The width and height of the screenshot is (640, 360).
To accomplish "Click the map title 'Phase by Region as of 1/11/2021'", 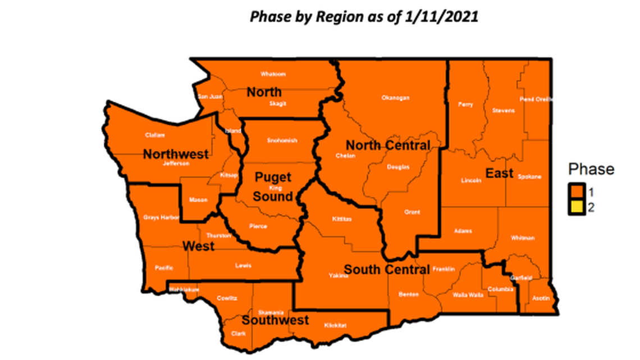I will [364, 16].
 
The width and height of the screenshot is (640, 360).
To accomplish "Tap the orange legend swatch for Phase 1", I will [577, 192].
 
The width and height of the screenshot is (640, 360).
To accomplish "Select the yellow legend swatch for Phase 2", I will [577, 207].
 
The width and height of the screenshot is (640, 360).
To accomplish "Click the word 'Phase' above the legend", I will [591, 169].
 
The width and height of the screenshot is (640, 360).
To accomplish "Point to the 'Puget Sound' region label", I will [273, 187].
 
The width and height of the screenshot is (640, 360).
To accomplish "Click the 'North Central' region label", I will [388, 145].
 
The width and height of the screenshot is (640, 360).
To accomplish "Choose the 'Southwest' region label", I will [275, 321].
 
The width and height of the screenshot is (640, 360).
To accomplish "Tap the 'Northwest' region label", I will [176, 154].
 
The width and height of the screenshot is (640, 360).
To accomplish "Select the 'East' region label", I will [499, 174].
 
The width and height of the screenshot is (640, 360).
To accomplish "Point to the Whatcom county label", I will [273, 74].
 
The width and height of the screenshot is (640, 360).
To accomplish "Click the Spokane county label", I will [530, 177].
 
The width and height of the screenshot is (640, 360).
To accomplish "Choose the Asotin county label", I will [541, 298].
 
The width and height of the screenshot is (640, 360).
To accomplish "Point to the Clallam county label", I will [155, 135].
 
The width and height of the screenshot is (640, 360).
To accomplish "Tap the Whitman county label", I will [523, 238].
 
